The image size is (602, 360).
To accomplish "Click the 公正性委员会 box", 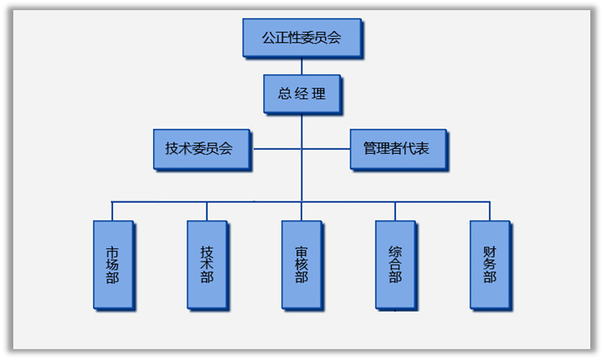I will (x=301, y=37).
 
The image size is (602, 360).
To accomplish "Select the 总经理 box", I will (x=301, y=94).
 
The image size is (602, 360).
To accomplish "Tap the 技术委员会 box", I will (x=201, y=148).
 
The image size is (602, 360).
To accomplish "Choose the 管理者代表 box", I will (x=397, y=148).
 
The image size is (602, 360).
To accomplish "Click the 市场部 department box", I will (x=112, y=264).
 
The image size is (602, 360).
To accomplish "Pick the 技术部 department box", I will (x=207, y=264).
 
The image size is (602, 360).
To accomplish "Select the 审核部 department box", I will (x=301, y=264).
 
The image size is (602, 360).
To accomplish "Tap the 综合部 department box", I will (x=395, y=264).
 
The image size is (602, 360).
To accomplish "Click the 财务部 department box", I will (x=490, y=264).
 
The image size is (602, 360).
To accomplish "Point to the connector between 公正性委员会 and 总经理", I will (x=301, y=66).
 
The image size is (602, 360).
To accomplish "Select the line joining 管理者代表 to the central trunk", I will (x=326, y=148).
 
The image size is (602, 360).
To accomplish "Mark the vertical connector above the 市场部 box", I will (x=112, y=211).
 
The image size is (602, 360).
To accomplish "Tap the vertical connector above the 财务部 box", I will (x=490, y=211).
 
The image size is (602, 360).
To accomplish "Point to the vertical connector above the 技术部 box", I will (x=207, y=211).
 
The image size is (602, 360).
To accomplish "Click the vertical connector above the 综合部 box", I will (x=395, y=211).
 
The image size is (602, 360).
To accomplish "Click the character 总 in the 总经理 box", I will (x=284, y=94).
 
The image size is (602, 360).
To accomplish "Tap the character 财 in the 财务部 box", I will (x=490, y=251).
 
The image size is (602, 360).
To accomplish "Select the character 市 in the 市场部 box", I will (x=112, y=251).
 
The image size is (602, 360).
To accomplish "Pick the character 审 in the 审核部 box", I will (x=301, y=251).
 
